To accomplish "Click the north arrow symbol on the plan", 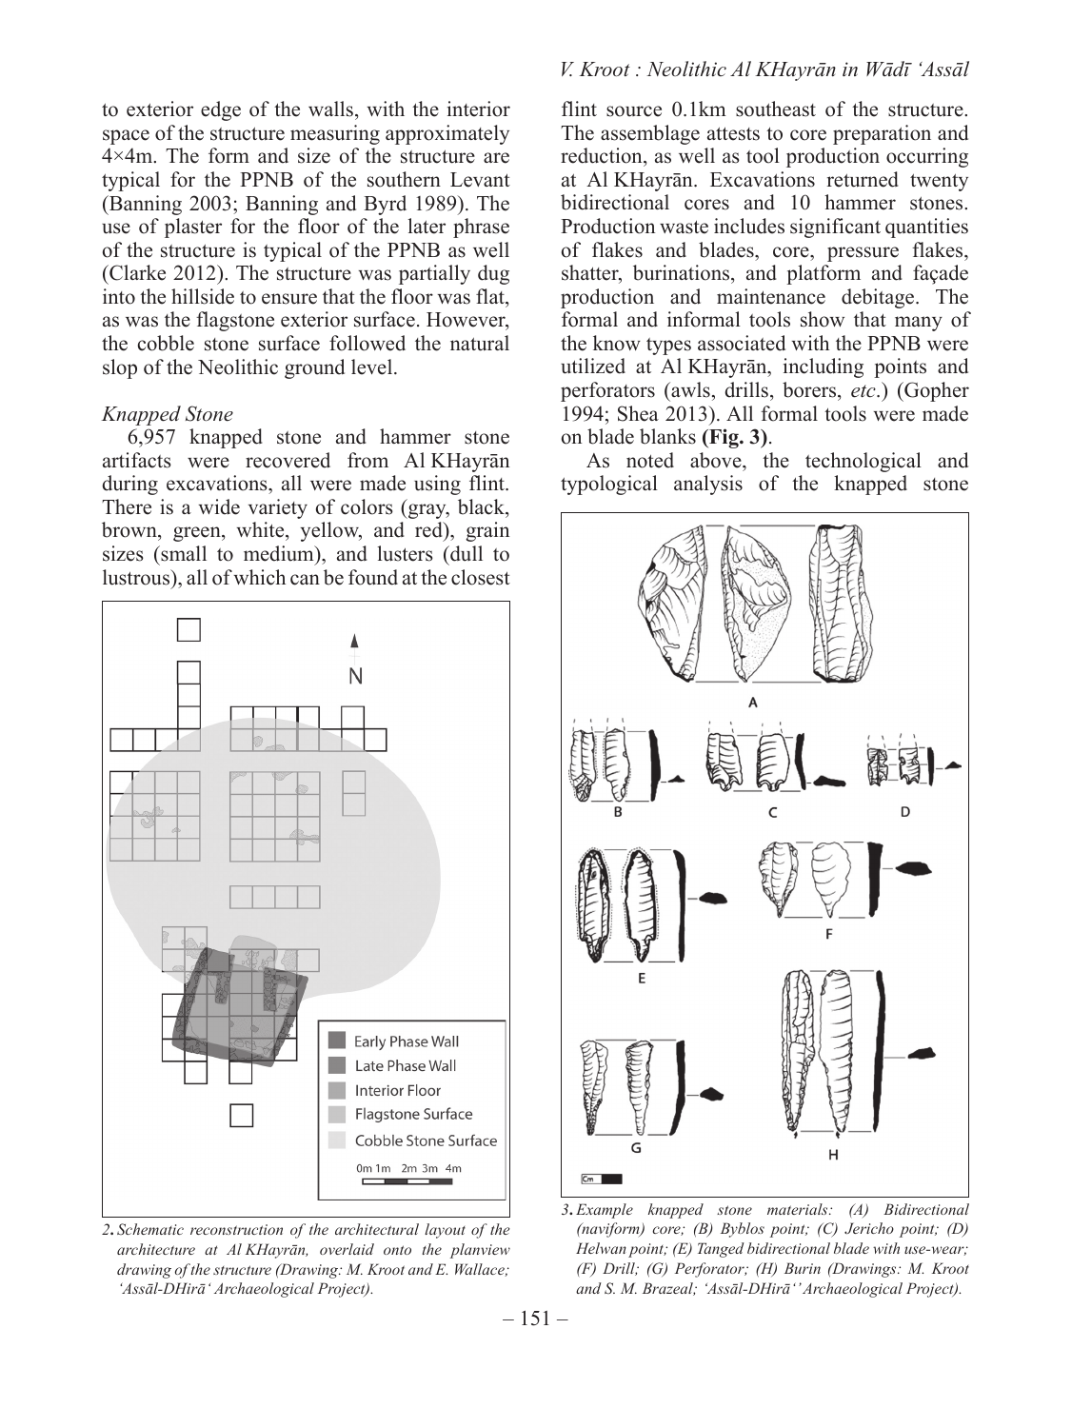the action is (x=354, y=645).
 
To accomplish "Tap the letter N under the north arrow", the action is (x=355, y=677).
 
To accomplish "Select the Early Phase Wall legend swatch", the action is (x=337, y=1041).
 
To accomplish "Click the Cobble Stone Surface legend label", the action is (x=426, y=1140).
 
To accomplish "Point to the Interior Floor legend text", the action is (x=397, y=1090).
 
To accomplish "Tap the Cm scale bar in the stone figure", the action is (x=601, y=1179).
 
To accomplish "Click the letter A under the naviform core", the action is (x=753, y=703).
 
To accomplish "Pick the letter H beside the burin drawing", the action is (x=833, y=1155).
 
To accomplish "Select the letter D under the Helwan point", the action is (x=904, y=812).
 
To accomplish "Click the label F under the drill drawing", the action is (x=828, y=934).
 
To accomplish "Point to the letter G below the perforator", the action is (x=636, y=1148).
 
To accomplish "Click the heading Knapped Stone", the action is (x=168, y=414).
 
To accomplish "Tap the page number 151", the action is (x=535, y=1319).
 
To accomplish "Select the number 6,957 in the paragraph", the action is (x=151, y=438).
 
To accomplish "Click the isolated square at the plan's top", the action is (x=189, y=630).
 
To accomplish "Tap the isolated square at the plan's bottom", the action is (x=241, y=1116).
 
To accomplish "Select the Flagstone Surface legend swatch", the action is (x=337, y=1115).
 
